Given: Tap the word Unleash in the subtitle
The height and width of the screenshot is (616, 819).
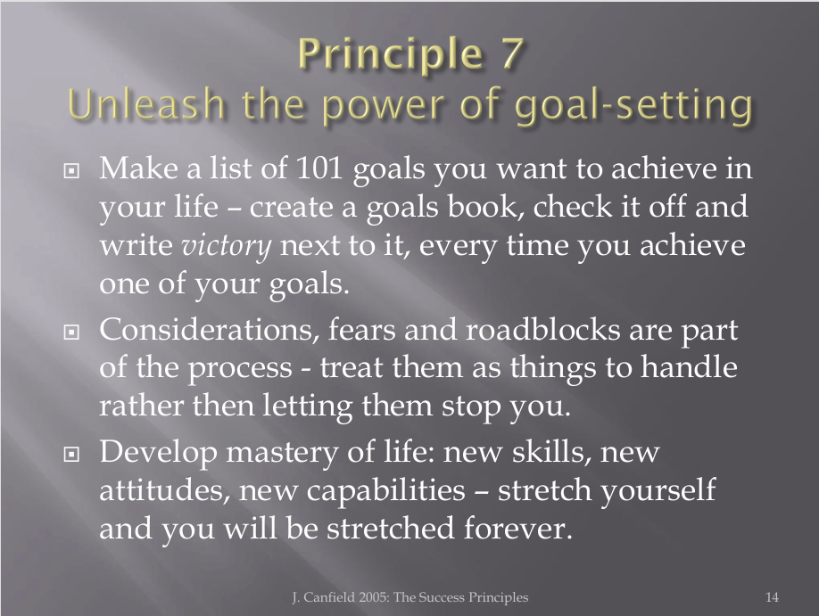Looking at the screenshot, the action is coord(146,103).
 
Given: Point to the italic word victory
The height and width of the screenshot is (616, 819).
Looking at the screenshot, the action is coord(227,246).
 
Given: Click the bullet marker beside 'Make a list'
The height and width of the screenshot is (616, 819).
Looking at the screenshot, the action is coord(71,170).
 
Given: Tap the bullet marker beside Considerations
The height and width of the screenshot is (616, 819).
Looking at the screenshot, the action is coord(71,332).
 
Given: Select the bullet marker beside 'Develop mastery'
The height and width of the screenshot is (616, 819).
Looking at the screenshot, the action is coord(71,455).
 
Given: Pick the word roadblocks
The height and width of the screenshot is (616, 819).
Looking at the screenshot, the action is coord(542,330).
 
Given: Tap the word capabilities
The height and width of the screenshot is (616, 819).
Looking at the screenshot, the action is coord(385,491).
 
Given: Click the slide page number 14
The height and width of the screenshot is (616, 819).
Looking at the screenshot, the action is coord(772,596).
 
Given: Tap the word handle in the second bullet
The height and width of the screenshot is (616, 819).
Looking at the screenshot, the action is coord(689,367).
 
